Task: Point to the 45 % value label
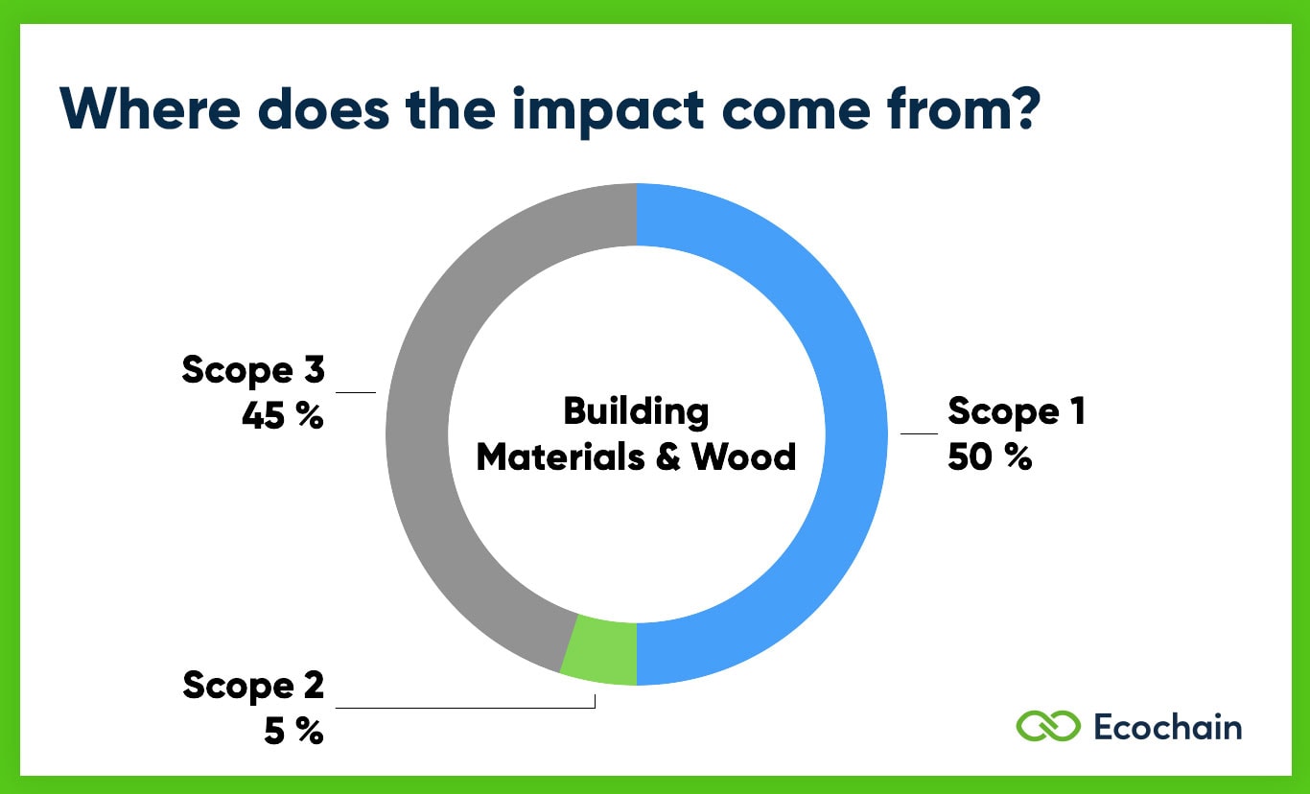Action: click(283, 416)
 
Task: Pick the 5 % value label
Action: click(292, 732)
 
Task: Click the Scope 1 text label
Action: click(1017, 411)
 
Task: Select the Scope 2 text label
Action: click(253, 686)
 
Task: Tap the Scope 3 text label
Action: click(253, 370)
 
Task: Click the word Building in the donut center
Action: click(636, 411)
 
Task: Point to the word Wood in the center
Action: click(743, 457)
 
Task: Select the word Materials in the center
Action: click(559, 457)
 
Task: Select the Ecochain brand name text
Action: click(1167, 727)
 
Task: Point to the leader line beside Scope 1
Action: click(919, 433)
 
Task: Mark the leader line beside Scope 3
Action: click(356, 391)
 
